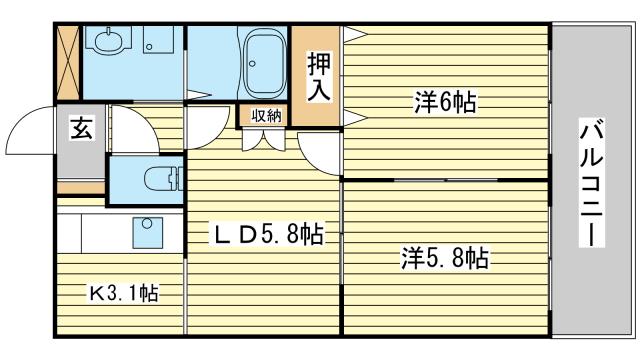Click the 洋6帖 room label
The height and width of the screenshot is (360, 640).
(445, 102)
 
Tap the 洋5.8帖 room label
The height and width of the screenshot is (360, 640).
(445, 258)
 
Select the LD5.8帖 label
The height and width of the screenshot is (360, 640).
(267, 234)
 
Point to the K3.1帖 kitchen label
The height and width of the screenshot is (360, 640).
(124, 293)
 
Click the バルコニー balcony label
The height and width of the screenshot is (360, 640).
(591, 182)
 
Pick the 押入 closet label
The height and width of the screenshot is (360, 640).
(319, 77)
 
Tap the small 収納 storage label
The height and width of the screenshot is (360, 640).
(266, 116)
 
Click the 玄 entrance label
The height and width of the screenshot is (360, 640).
(82, 128)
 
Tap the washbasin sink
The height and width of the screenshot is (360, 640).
(109, 40)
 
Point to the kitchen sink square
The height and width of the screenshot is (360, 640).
(147, 232)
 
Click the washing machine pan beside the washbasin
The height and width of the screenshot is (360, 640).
(158, 40)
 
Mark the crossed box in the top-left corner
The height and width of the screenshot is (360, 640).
(67, 62)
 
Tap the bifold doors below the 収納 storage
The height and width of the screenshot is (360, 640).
(263, 140)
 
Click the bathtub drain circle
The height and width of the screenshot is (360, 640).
(253, 64)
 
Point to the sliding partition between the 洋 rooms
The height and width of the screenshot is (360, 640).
(446, 180)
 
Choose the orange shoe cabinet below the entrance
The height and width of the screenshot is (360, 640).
(80, 187)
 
